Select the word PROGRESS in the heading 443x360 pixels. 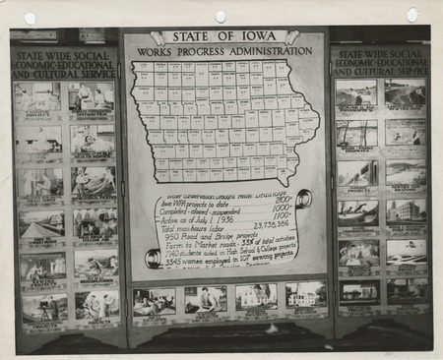[207, 51]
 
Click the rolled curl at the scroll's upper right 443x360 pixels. [304, 199]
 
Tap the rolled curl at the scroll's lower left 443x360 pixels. [152, 258]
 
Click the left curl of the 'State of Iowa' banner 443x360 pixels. [158, 38]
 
